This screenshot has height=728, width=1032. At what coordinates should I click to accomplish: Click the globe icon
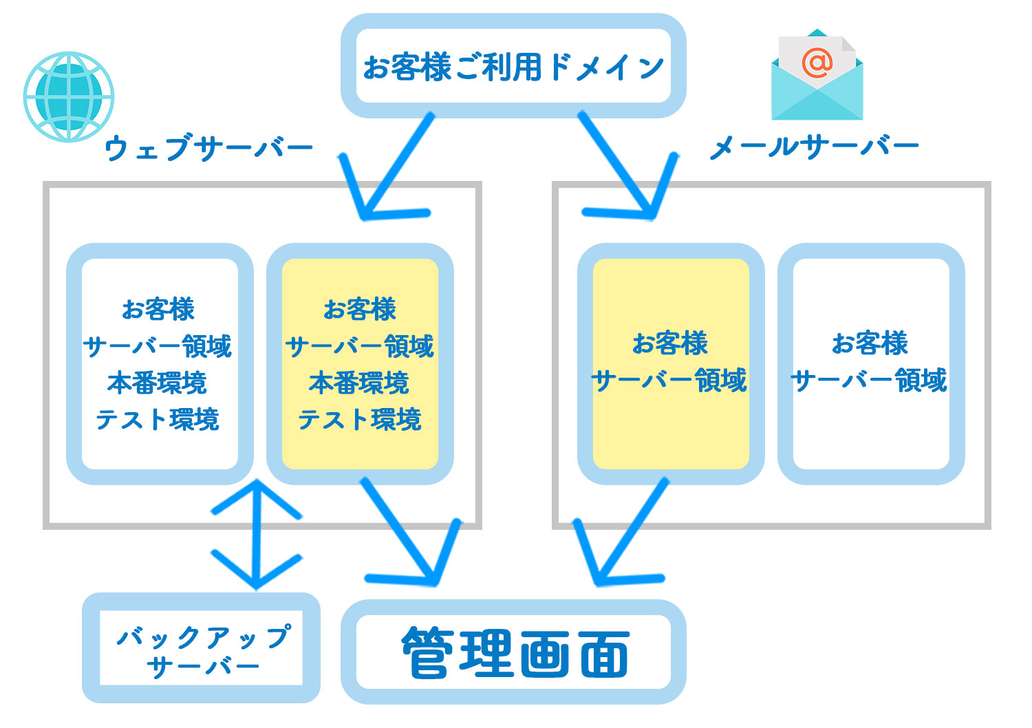[68, 97]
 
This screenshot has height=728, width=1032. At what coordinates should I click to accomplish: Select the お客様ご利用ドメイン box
[513, 67]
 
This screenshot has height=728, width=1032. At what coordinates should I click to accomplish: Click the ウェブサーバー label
[208, 148]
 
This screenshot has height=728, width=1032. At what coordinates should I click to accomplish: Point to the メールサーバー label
[813, 147]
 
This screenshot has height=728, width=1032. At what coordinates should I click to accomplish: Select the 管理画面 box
[514, 652]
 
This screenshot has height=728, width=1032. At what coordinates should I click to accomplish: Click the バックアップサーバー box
[201, 648]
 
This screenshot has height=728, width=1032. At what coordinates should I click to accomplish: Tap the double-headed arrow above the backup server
[256, 534]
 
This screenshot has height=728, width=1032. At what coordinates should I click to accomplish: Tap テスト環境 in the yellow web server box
[359, 419]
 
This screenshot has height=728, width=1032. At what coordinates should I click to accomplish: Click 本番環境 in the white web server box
[158, 383]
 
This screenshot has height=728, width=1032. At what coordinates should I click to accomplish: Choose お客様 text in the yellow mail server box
[670, 343]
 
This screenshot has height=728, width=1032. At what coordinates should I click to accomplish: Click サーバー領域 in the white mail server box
[870, 380]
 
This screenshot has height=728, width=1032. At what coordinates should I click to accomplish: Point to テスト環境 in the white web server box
[158, 419]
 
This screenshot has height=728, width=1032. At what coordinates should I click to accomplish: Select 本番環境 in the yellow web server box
[359, 383]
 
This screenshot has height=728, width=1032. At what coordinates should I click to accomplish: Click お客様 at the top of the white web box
[158, 309]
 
